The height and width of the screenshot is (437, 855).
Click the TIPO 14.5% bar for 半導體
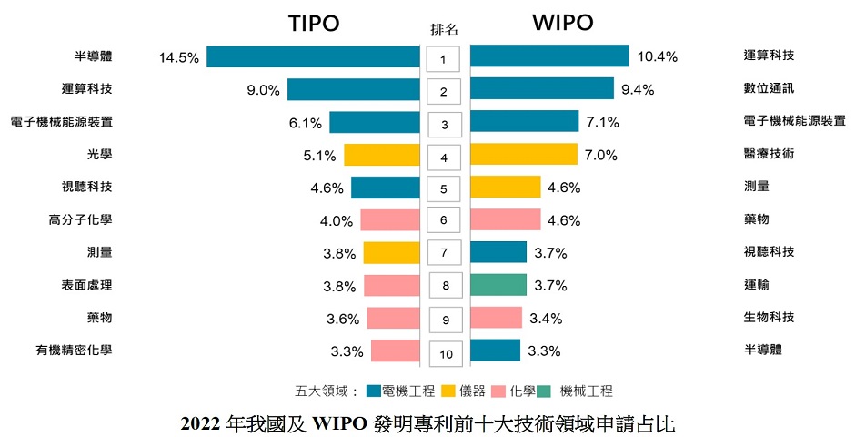tap(312, 56)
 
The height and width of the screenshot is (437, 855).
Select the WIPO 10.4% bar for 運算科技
tap(549, 56)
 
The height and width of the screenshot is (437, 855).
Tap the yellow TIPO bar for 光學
tap(380, 155)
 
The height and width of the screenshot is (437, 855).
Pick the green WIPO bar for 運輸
tap(498, 285)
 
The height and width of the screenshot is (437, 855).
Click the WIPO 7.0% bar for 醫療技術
tap(524, 155)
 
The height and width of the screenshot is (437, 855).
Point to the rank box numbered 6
tap(444, 221)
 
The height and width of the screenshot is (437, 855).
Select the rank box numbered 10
tap(444, 352)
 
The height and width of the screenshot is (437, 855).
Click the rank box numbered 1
tap(444, 61)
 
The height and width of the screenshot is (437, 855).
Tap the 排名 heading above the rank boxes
tap(444, 29)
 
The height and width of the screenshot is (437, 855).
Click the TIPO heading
tap(314, 24)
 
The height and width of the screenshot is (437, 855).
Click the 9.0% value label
tap(264, 90)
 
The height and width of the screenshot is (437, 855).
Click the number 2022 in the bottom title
tap(200, 423)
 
